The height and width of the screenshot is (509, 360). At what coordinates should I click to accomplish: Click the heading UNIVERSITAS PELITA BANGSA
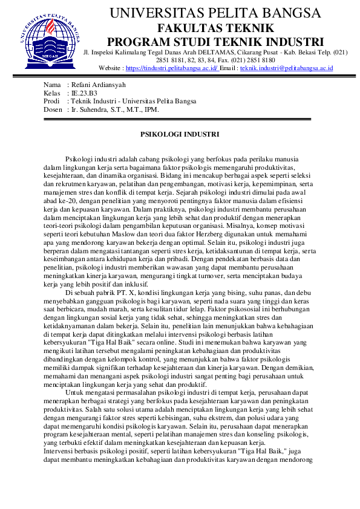[215, 13]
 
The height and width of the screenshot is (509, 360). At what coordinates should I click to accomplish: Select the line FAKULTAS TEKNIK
[215, 28]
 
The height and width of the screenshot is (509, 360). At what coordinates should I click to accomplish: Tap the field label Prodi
[52, 102]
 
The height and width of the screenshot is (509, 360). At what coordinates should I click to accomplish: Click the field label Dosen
[54, 109]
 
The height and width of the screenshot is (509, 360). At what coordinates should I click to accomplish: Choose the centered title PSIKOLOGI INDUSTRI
[180, 133]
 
